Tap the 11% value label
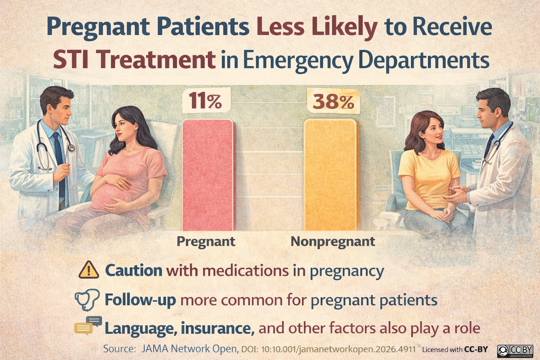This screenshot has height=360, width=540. [x=206, y=101]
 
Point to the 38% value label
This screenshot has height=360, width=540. [x=333, y=101]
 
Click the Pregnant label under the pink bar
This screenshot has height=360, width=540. [x=206, y=242]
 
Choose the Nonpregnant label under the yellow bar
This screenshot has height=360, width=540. [x=333, y=242]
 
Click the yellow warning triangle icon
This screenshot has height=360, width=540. [x=89, y=270]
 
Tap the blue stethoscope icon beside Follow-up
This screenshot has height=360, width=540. [x=86, y=300]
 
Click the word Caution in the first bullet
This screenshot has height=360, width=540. [x=134, y=271]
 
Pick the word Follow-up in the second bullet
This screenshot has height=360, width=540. [x=140, y=300]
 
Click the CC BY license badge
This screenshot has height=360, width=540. [x=515, y=350]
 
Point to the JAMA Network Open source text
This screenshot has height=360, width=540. [x=189, y=349]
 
